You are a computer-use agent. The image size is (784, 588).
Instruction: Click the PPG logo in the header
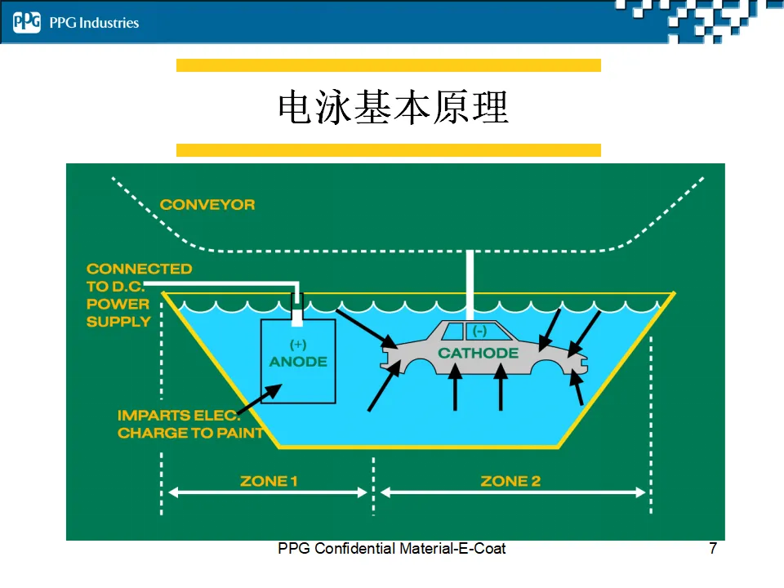[26, 23]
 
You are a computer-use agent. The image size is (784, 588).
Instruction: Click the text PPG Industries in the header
[94, 23]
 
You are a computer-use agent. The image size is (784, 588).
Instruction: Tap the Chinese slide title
[394, 107]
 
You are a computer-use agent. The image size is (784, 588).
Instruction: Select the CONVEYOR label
[207, 204]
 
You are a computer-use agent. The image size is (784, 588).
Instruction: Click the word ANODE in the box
[299, 362]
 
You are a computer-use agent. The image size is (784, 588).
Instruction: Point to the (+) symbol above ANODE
[298, 345]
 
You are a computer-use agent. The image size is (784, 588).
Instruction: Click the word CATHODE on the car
[479, 353]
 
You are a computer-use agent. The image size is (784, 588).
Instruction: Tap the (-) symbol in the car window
[479, 331]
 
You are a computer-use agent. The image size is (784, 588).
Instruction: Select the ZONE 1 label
[269, 481]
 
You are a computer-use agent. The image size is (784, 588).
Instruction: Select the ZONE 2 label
[510, 481]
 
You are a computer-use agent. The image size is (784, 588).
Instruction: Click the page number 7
[713, 549]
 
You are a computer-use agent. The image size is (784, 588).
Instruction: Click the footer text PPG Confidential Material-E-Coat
[392, 549]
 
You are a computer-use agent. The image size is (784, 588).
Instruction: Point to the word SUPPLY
[118, 322]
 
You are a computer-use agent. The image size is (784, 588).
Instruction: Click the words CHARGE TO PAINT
[190, 433]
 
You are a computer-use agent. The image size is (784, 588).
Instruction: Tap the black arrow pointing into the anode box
[260, 399]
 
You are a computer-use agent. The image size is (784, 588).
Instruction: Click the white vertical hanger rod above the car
[470, 285]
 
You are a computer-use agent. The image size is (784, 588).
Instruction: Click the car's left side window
[453, 332]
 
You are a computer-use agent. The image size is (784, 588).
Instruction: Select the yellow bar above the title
[389, 65]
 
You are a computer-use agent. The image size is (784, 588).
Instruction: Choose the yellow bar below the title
[389, 150]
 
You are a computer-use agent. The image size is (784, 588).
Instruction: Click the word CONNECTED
[140, 269]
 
